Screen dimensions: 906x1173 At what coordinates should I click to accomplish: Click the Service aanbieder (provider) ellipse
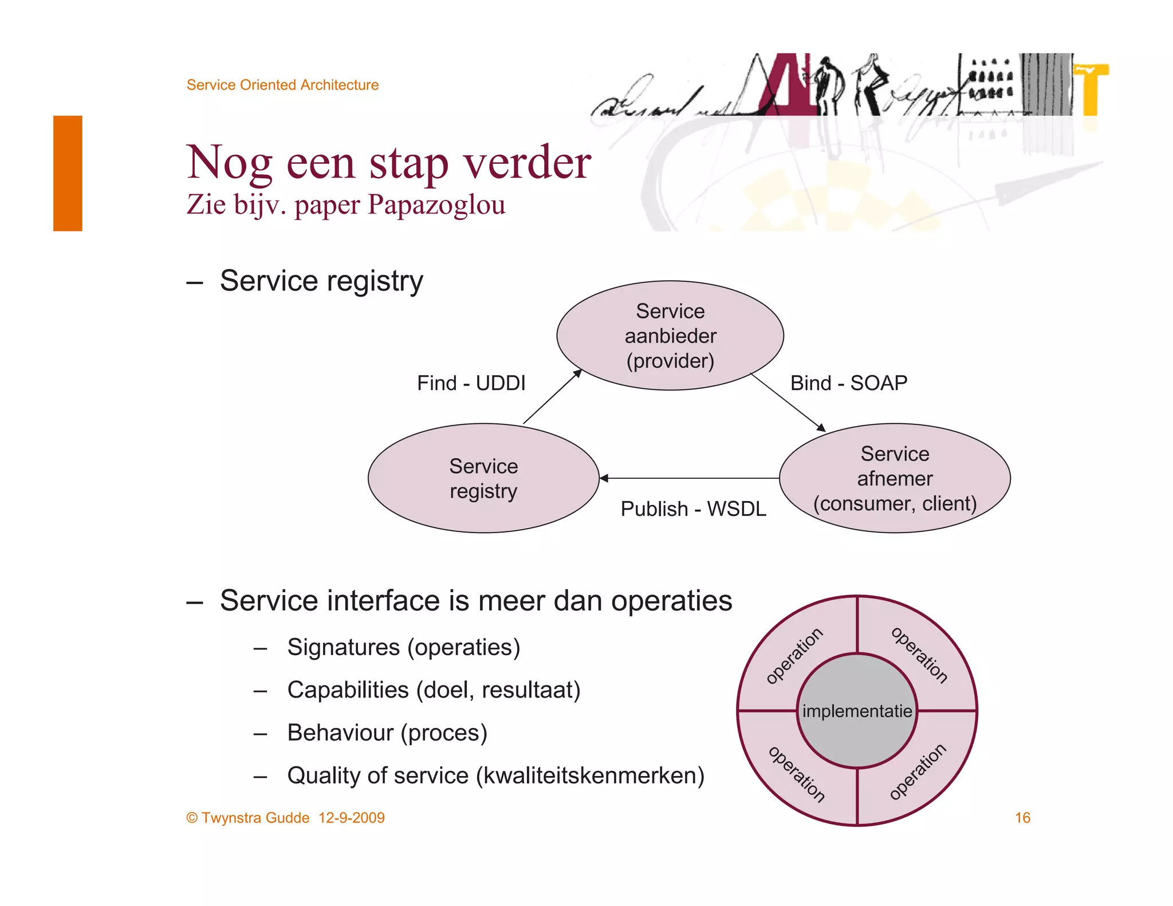670,336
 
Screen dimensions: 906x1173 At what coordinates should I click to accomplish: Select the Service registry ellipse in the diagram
483,478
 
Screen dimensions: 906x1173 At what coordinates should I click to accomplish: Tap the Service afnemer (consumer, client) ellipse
895,478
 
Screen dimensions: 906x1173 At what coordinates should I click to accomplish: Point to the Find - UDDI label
471,383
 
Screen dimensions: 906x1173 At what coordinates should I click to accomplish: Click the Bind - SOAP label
849,383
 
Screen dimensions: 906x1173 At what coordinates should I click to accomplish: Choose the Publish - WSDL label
693,509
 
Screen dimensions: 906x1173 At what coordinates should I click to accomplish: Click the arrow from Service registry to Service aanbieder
552,397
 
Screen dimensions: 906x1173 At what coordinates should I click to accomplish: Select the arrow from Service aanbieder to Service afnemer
788,402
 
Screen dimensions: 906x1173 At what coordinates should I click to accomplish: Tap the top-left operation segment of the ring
795,655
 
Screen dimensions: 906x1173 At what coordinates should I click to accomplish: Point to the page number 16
1022,818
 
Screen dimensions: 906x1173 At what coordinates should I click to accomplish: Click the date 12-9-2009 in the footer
352,818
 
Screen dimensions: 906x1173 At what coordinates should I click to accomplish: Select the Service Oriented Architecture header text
282,85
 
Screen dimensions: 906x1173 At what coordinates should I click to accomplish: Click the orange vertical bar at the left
68,173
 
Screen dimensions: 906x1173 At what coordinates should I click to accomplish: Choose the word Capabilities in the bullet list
348,690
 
